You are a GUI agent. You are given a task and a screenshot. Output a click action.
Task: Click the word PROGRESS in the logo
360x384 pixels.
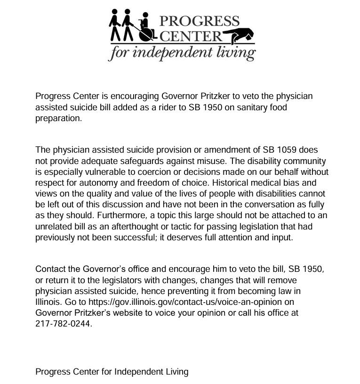click(x=200, y=21)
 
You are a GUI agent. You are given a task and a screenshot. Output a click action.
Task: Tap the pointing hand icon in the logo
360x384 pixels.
click(x=239, y=35)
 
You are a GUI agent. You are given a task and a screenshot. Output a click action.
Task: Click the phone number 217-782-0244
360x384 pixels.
click(x=63, y=324)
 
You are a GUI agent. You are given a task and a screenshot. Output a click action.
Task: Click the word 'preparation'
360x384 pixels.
click(x=58, y=118)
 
